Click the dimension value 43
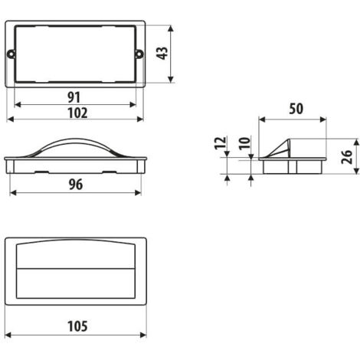click(162, 54)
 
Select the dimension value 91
click(74, 97)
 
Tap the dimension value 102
click(77, 113)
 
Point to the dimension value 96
click(76, 185)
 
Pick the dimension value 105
click(77, 326)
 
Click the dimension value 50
click(296, 109)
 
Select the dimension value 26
click(347, 157)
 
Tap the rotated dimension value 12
click(220, 143)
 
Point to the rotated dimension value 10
click(244, 143)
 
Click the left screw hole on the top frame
click(11, 54)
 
